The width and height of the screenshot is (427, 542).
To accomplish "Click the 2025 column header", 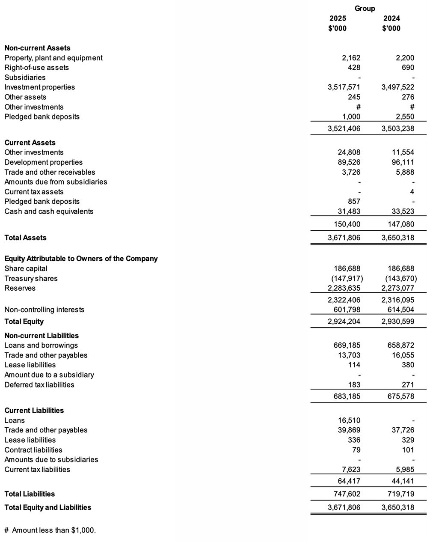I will coord(338,18).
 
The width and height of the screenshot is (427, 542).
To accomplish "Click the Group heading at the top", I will coord(365,9).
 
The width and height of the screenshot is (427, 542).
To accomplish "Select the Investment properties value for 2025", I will coord(344,87).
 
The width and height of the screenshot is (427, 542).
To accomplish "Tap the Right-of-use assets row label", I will coord(36,68).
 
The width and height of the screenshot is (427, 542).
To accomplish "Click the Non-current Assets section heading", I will coord(37,48).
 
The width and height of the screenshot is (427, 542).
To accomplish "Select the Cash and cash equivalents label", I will coord(49,211).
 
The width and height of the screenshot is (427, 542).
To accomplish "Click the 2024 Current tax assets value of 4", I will coord(412,192).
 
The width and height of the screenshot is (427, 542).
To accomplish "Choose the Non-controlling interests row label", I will coord(44,310).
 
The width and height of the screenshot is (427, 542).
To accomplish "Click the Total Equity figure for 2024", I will coord(397,322).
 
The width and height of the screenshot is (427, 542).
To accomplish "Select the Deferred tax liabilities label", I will coord(39,385).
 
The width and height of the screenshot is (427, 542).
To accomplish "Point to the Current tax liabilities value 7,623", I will coord(351,470).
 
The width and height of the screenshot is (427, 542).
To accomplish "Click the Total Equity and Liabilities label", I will coord(47,507).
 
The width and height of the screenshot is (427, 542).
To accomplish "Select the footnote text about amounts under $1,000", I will coord(50,530).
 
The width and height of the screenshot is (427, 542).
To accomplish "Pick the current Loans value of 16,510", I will coord(349,420).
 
